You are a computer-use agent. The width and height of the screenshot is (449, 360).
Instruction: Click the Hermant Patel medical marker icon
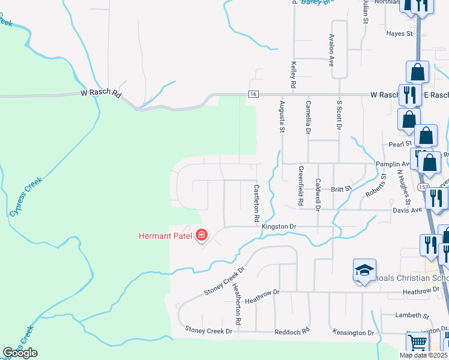[202, 235]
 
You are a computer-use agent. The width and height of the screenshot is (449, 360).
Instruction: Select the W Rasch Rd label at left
[101, 94]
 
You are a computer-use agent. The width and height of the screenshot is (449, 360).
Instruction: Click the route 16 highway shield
[254, 94]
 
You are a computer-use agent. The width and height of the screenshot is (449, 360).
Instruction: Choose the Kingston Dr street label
[280, 226]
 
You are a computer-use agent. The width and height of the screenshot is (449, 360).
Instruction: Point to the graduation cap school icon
[364, 271]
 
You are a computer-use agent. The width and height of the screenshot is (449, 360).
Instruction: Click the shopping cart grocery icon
[418, 344]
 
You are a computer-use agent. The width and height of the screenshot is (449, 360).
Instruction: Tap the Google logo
[20, 353]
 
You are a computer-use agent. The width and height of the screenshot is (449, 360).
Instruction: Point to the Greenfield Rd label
[300, 187]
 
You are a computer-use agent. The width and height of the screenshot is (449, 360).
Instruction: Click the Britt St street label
[341, 189]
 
